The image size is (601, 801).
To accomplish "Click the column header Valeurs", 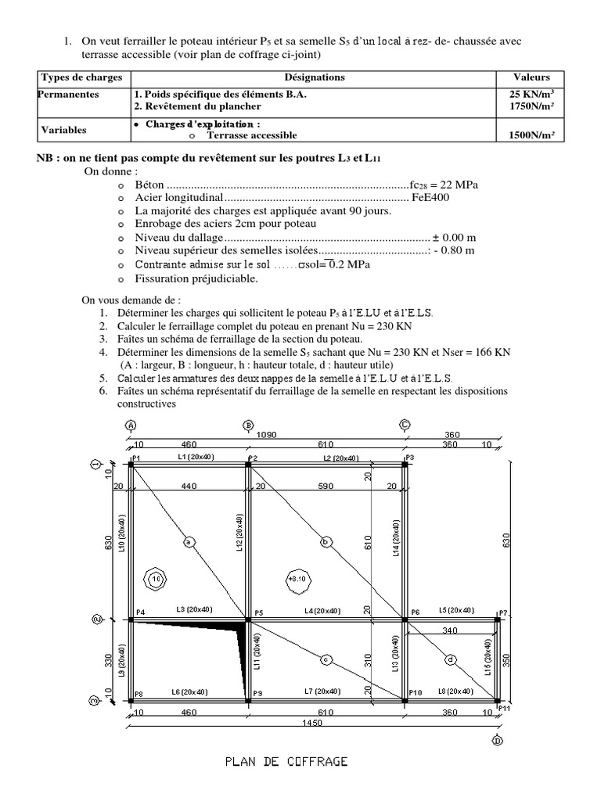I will (531, 77).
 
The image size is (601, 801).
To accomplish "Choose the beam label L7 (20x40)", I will (324, 691).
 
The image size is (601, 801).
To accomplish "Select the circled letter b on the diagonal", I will (324, 541).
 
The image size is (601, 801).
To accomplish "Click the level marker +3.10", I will (295, 580).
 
